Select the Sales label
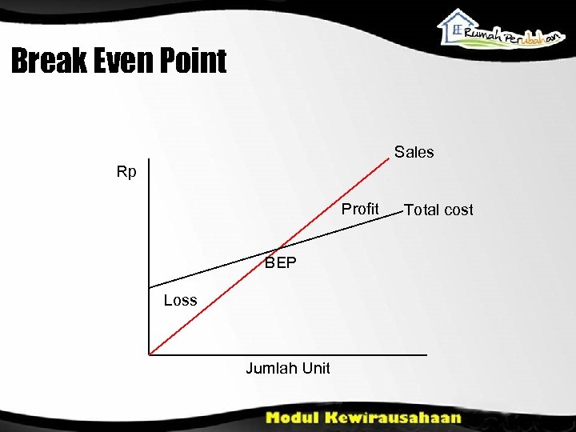tap(414, 152)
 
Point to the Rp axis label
tap(126, 172)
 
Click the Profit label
tap(360, 209)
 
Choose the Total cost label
tap(438, 210)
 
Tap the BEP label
tap(281, 262)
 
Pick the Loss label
tap(180, 300)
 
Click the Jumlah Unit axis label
tap(287, 368)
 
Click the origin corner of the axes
tap(149, 354)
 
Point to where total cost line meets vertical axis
tap(149, 286)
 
